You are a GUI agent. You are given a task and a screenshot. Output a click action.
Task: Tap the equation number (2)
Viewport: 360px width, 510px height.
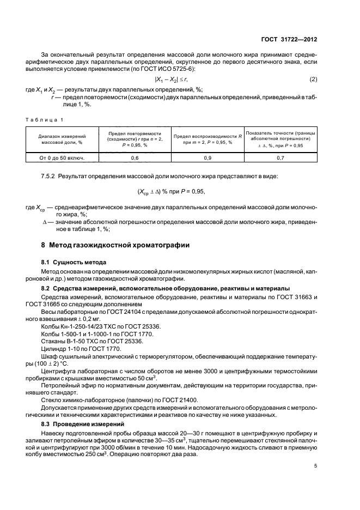(x=313, y=80)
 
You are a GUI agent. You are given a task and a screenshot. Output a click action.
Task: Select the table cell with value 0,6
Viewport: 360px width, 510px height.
(x=134, y=158)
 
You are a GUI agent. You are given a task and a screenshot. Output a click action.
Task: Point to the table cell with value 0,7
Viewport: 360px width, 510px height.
(x=280, y=158)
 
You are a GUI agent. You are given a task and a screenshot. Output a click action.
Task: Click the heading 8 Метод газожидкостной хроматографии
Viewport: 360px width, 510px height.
(x=116, y=246)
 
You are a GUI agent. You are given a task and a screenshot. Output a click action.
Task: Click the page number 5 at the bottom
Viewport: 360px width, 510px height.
(x=315, y=466)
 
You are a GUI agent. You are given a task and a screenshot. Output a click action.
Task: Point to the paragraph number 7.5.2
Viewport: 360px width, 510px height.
(x=50, y=177)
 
